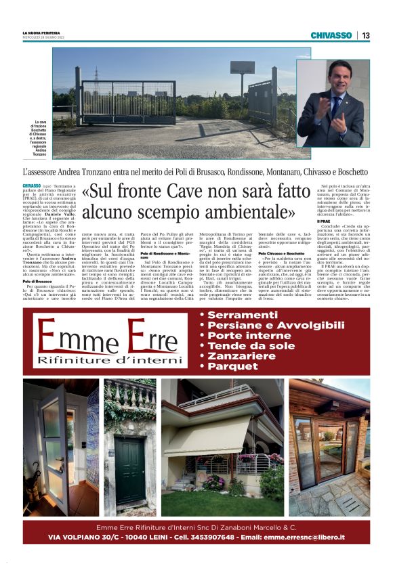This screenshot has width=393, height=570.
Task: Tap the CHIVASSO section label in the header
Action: tap(331, 35)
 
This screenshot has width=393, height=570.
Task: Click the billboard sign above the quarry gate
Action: tap(242, 67)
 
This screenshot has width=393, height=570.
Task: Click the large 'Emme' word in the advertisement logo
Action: tap(71, 338)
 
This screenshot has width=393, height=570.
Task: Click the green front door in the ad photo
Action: tap(129, 467)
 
